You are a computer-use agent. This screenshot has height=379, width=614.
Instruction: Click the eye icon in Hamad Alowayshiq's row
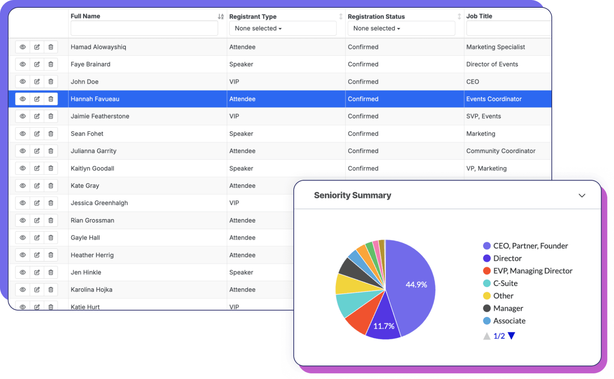[23, 47]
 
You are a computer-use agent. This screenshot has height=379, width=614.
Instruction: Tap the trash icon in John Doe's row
[51, 82]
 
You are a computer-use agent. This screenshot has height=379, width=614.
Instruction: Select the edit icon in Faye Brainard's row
[37, 64]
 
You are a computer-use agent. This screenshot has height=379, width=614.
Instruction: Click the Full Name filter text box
[144, 29]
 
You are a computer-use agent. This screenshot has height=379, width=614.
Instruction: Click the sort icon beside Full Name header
[221, 16]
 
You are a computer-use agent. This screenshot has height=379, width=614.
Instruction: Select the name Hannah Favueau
[95, 99]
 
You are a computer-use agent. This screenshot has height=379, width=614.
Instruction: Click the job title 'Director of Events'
[492, 64]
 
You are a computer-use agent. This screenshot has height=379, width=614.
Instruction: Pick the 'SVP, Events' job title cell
[483, 116]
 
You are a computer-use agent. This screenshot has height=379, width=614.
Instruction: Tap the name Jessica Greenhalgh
[99, 203]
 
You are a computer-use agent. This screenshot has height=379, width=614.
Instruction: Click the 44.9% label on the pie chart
[416, 284]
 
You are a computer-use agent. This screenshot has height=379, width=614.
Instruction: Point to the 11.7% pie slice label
[383, 326]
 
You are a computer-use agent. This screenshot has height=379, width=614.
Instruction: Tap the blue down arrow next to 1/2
[511, 336]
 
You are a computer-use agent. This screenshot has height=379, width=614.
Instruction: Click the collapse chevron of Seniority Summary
[581, 196]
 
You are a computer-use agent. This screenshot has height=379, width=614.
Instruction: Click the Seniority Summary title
[352, 196]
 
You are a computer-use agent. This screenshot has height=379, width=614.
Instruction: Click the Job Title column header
[479, 16]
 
